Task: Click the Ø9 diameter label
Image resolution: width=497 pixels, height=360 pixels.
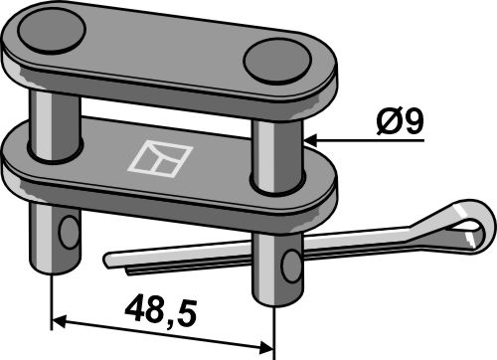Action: coord(401,121)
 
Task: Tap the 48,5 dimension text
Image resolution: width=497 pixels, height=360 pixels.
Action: coord(161,311)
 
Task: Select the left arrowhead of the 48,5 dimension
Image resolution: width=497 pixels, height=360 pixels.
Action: coord(60,321)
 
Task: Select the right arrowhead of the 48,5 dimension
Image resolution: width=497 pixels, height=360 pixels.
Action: coord(266,346)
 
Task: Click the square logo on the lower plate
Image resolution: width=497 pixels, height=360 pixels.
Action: coord(160,159)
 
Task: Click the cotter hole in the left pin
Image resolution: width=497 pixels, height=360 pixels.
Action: coord(69,233)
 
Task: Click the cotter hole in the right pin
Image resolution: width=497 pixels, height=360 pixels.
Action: coord(291,267)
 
